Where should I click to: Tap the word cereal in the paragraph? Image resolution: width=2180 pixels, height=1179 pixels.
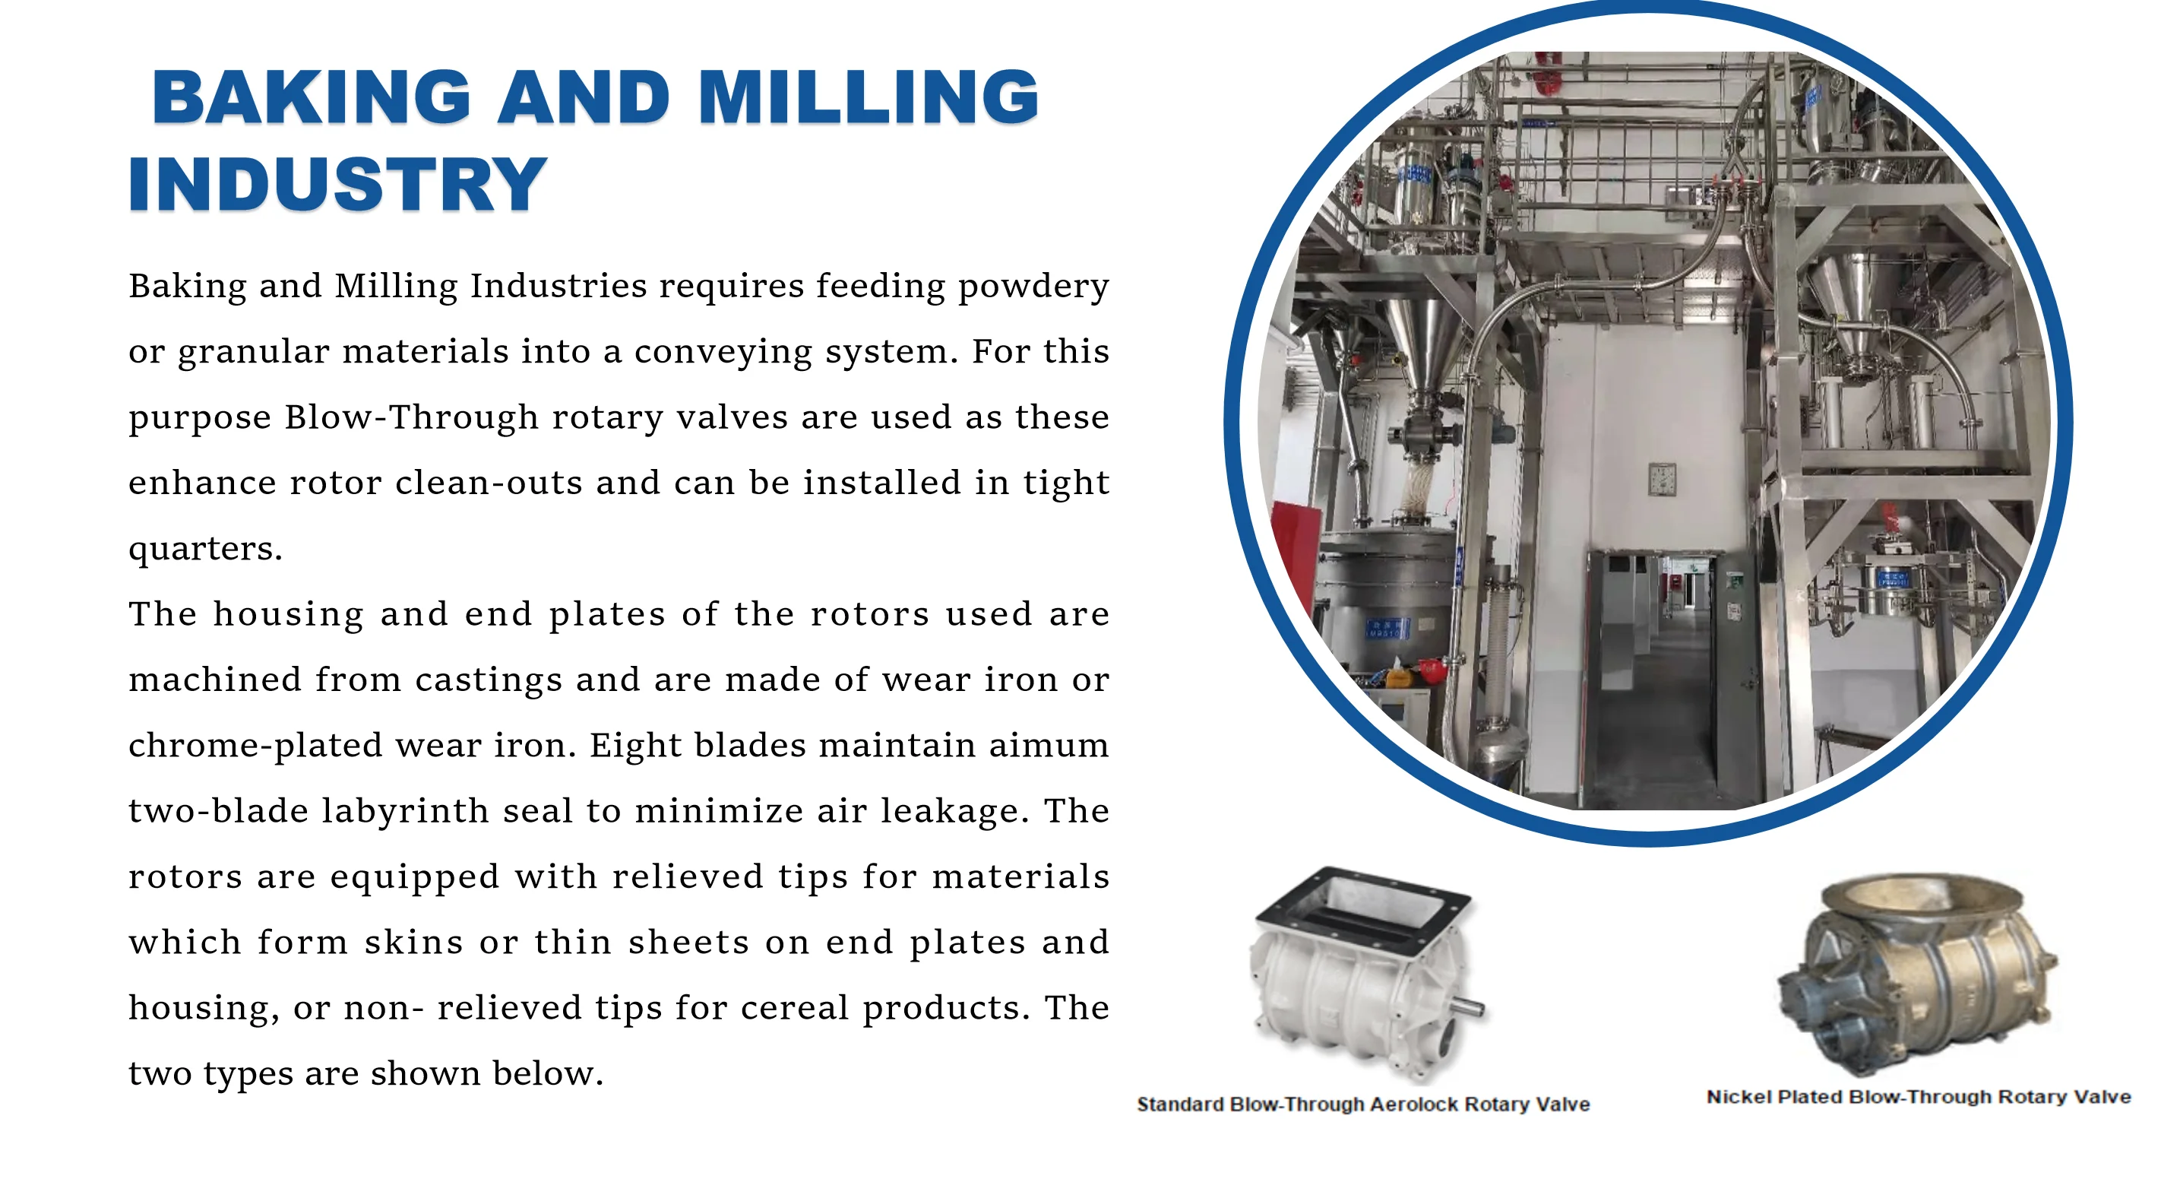click(795, 1008)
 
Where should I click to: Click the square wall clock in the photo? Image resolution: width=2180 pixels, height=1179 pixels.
click(1661, 479)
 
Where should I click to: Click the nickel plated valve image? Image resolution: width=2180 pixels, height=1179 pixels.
click(1918, 973)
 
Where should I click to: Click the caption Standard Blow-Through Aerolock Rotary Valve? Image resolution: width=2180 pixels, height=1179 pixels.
click(1363, 1105)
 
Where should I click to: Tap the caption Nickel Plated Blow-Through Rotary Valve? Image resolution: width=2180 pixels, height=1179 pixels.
click(1919, 1098)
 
